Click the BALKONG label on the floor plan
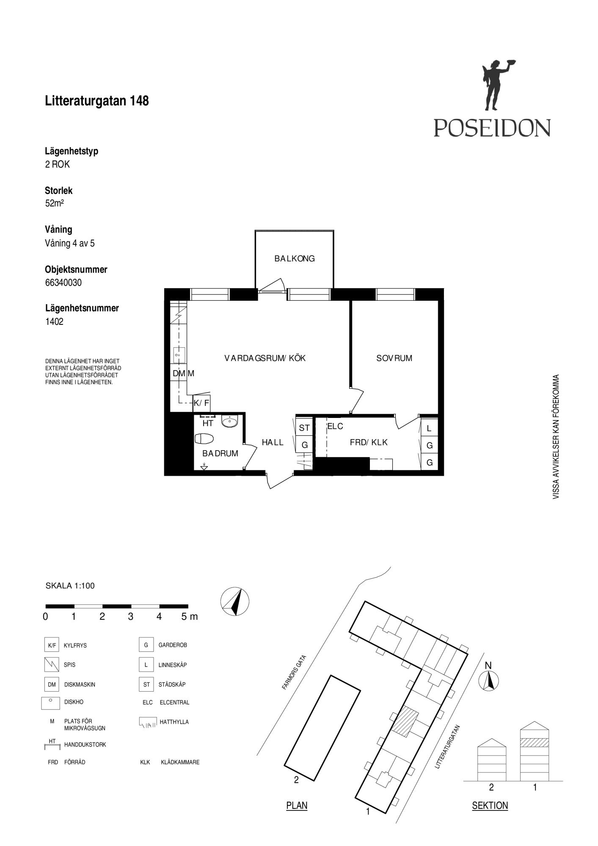pyautogui.click(x=295, y=258)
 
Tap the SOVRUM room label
pyautogui.click(x=394, y=358)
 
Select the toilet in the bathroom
pyautogui.click(x=205, y=439)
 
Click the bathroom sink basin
pyautogui.click(x=230, y=421)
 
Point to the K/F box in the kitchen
pyautogui.click(x=201, y=403)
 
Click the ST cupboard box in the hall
pyautogui.click(x=304, y=428)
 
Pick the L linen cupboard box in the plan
pyautogui.click(x=429, y=428)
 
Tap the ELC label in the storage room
pyautogui.click(x=335, y=426)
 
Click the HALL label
pyautogui.click(x=273, y=442)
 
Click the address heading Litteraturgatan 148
pyautogui.click(x=97, y=101)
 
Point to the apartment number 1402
pyautogui.click(x=54, y=321)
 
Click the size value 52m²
pyautogui.click(x=55, y=203)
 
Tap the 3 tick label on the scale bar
pyautogui.click(x=130, y=617)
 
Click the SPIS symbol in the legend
pyautogui.click(x=51, y=665)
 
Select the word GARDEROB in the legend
pyautogui.click(x=173, y=645)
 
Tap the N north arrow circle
pyautogui.click(x=488, y=682)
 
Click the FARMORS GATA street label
pyautogui.click(x=294, y=673)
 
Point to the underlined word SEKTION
pyautogui.click(x=490, y=805)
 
